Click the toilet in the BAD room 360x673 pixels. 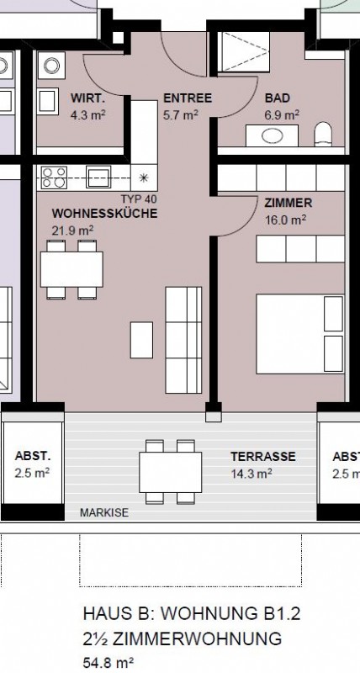click(323, 134)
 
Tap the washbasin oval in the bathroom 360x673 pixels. click(272, 136)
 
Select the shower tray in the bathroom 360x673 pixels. click(244, 51)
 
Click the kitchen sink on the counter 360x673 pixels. click(98, 177)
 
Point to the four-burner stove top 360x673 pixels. click(54, 178)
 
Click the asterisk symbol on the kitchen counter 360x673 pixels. click(144, 178)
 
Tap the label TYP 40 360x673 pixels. click(139, 199)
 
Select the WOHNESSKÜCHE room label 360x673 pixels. click(104, 214)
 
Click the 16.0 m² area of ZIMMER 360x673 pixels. click(285, 220)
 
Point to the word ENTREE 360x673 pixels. click(188, 98)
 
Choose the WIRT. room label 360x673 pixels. click(88, 98)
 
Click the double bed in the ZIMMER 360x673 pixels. click(300, 333)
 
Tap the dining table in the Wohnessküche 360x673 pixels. click(71, 269)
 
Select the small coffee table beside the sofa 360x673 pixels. click(141, 340)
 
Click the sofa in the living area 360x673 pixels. click(183, 341)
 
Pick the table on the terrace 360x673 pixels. click(171, 472)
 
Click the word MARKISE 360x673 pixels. click(104, 512)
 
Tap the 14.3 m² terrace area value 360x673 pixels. click(251, 474)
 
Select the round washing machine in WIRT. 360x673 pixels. click(51, 66)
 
